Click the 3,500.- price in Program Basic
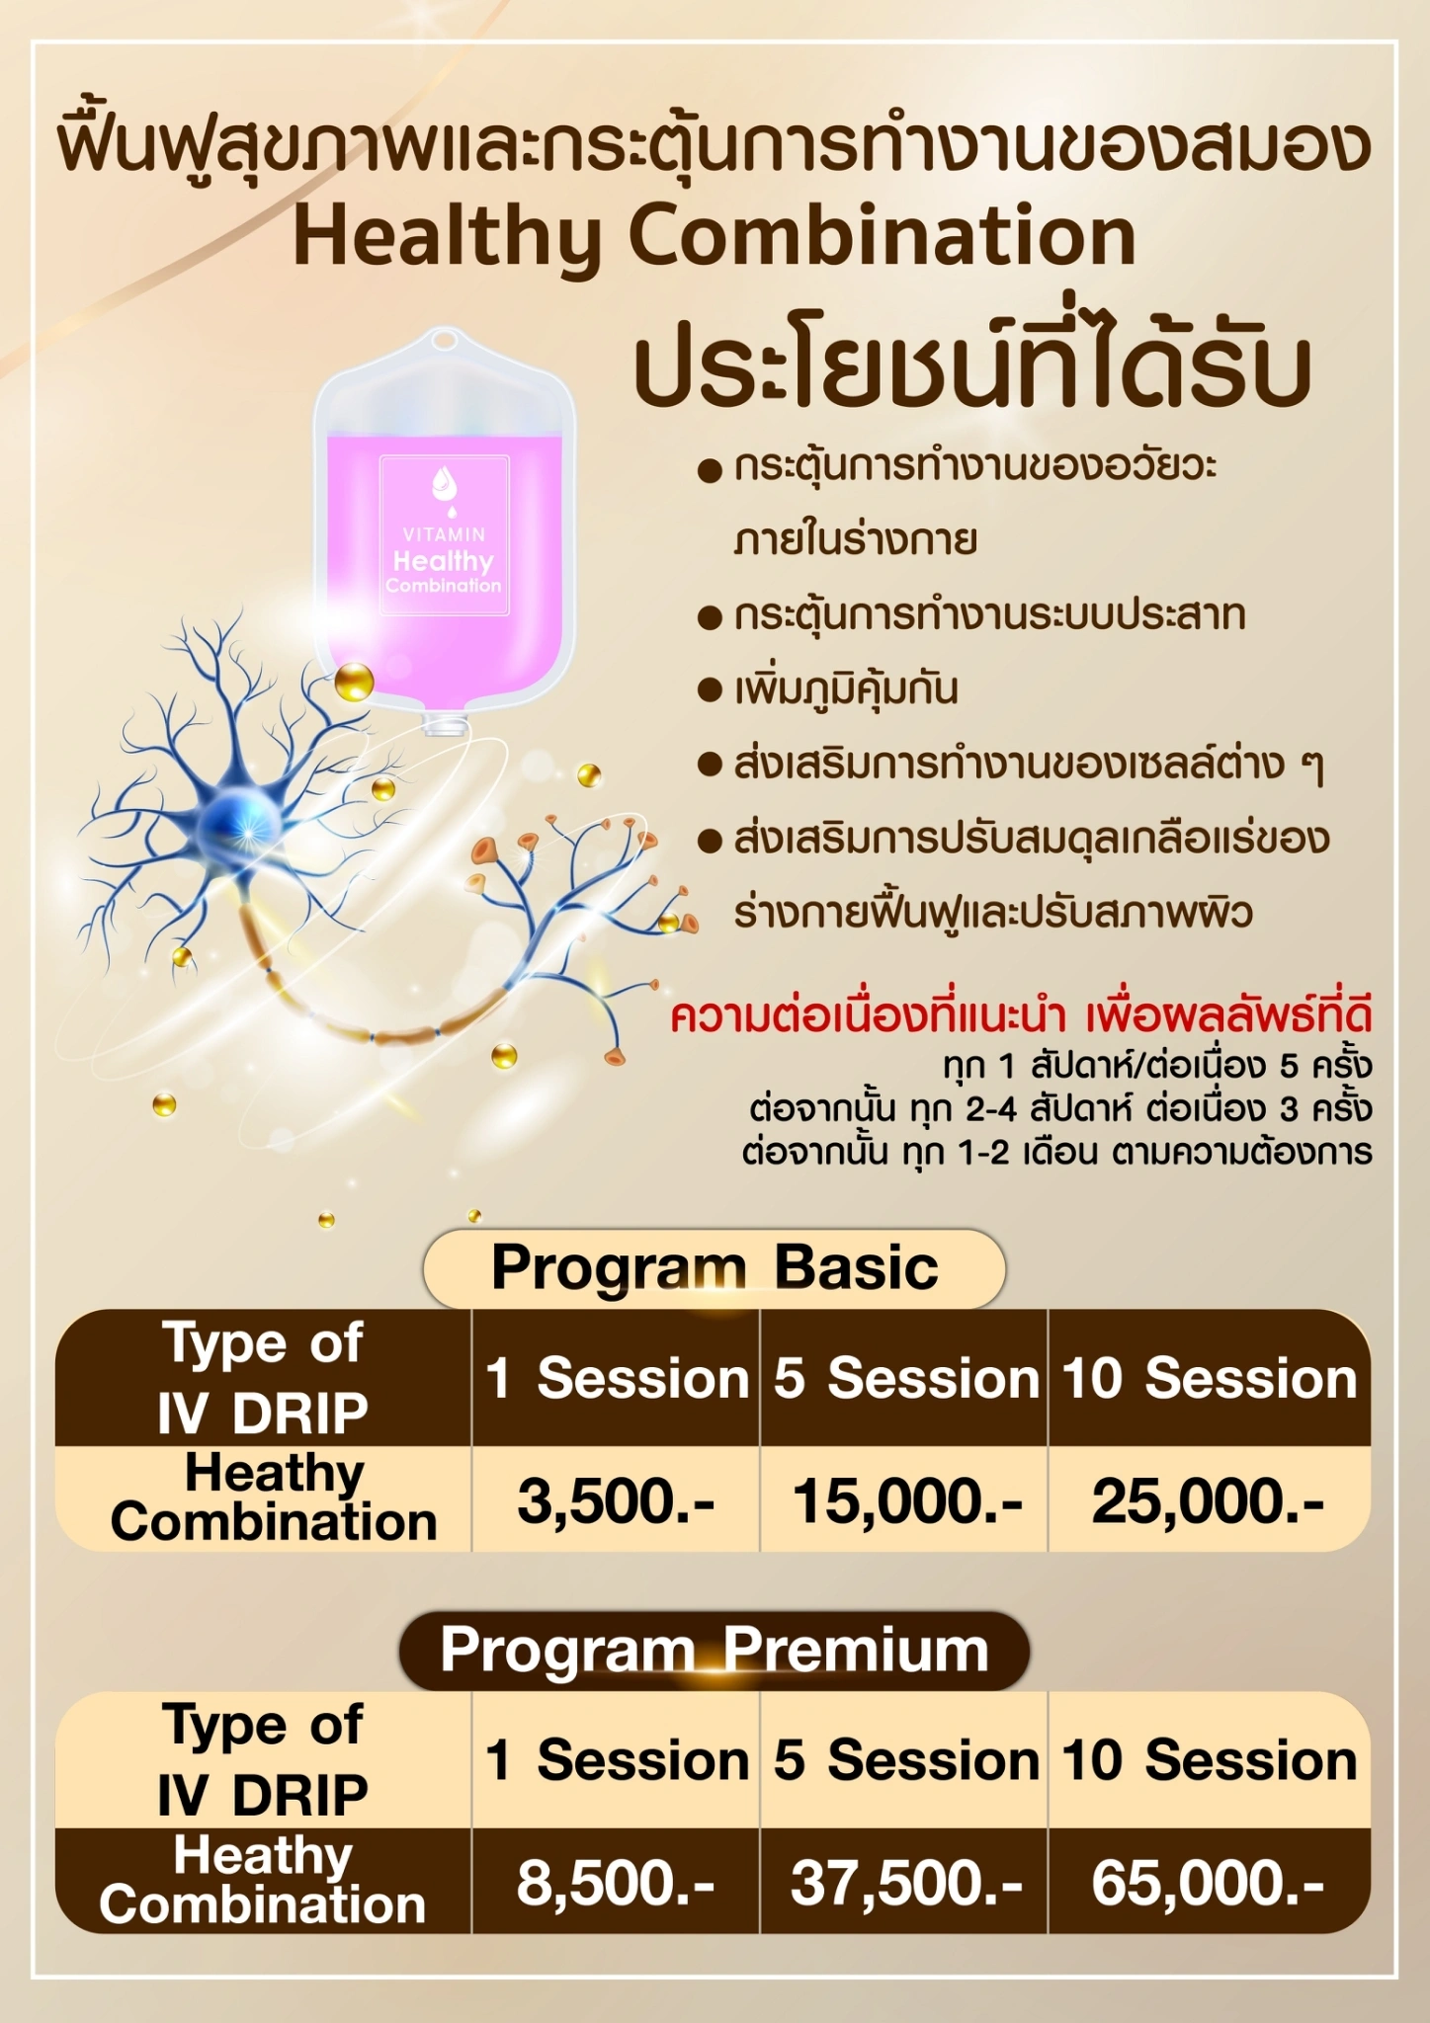point(615,1502)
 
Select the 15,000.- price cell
point(907,1502)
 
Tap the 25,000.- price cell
point(1208,1502)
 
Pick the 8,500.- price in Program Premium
point(615,1884)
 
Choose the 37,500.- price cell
point(906,1884)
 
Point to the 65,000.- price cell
point(1208,1884)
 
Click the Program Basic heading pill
point(715,1268)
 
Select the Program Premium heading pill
point(715,1651)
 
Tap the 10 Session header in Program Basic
point(1210,1378)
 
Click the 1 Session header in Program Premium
point(617,1760)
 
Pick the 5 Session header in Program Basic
point(906,1378)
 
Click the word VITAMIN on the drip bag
point(445,534)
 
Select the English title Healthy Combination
point(715,237)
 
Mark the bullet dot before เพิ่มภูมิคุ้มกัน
point(710,689)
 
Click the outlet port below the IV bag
point(446,724)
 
